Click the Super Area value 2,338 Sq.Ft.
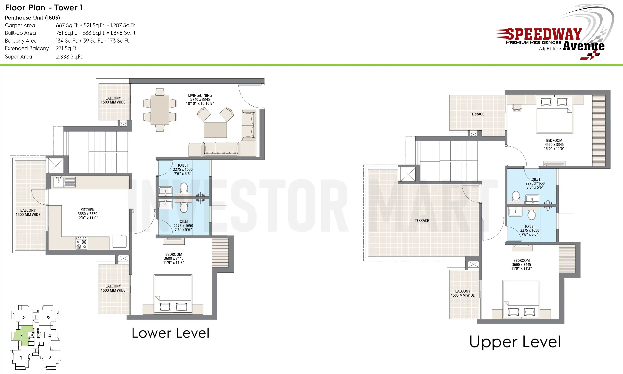[69, 57]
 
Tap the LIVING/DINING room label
[200, 95]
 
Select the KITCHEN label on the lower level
[87, 210]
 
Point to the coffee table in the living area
[215, 130]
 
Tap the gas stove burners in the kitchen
[81, 243]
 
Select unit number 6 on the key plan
[48, 317]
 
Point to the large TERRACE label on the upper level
[422, 221]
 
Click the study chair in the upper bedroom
[517, 108]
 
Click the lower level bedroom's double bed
[173, 294]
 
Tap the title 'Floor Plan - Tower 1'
[44, 8]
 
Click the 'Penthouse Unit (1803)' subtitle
[33, 18]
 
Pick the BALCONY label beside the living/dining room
[113, 100]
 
